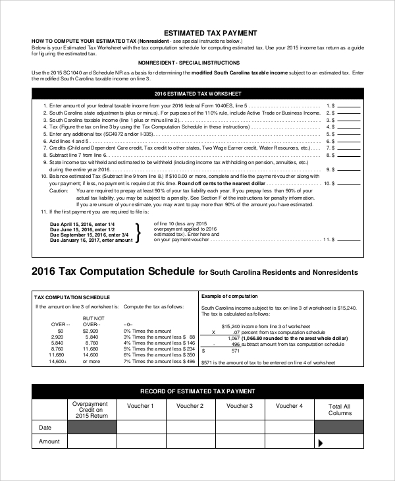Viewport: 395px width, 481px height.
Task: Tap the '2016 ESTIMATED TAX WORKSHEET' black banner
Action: (197, 94)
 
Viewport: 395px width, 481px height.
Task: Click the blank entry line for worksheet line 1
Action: (348, 105)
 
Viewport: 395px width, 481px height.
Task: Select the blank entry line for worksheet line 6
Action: (348, 142)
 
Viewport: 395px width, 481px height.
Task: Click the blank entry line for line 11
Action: (348, 240)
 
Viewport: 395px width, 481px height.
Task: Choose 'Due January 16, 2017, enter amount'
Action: (92, 240)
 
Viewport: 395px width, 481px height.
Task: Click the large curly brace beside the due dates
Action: (138, 233)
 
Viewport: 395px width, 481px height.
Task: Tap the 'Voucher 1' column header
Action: (140, 407)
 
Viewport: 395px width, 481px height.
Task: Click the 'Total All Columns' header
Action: (339, 410)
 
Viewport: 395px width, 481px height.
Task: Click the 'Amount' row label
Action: (49, 441)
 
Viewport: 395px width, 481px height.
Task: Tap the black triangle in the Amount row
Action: (321, 443)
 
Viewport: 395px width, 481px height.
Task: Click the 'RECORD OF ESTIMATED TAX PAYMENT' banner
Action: (197, 390)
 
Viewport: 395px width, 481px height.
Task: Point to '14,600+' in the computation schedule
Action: (58, 361)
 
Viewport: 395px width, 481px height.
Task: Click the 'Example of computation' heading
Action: (230, 297)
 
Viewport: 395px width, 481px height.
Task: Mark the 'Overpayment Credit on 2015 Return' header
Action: (91, 410)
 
